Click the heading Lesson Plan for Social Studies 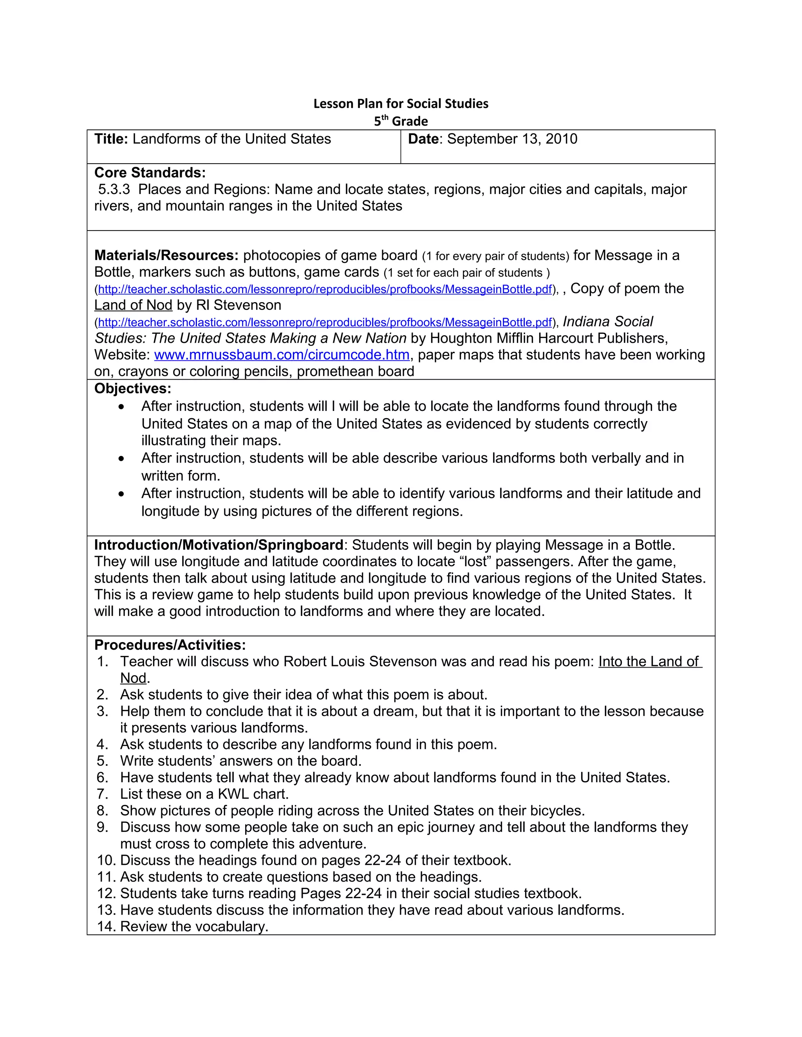point(401,104)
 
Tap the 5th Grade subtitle point(401,121)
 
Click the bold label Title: point(111,139)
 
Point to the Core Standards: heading point(150,172)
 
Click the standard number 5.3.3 point(114,189)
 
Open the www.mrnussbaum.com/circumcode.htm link point(282,355)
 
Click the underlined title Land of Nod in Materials point(133,305)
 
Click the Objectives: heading point(133,389)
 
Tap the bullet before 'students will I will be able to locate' point(122,407)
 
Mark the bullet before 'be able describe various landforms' point(122,459)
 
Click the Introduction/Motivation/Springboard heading point(219,545)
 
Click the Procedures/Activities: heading point(170,645)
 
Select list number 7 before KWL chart point(103,794)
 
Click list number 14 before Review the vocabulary point(107,926)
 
